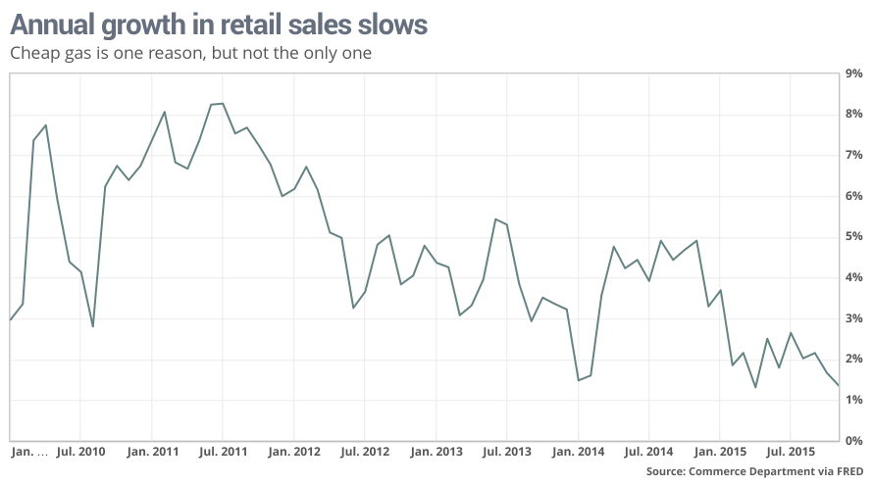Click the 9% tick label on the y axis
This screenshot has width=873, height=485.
point(853,73)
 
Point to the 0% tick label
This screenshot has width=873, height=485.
point(853,441)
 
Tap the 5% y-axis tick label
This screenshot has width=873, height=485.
point(853,237)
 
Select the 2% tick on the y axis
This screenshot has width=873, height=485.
point(853,360)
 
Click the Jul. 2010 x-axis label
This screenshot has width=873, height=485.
point(79,453)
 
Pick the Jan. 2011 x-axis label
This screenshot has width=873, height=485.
point(151,453)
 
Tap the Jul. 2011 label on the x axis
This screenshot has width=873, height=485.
point(223,453)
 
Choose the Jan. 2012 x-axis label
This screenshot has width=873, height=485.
point(293,453)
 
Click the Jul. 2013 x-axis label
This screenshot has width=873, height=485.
point(507,453)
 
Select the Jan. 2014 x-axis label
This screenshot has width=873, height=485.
point(578,453)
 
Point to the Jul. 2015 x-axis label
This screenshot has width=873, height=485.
point(791,453)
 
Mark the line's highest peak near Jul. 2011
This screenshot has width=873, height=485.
point(223,104)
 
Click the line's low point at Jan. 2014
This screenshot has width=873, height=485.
point(578,380)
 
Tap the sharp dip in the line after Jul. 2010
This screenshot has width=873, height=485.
point(92,326)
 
